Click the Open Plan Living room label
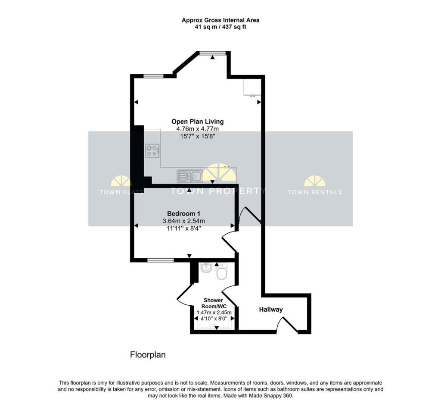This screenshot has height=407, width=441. coord(197,122)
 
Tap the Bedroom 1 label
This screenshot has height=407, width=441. coord(183,213)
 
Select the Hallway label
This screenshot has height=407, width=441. coord(271,310)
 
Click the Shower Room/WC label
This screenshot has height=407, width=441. coord(213,303)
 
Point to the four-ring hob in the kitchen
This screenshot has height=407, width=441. coord(152,151)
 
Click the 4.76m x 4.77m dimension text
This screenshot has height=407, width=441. coord(197,129)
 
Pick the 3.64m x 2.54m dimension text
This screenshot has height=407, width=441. coord(183,221)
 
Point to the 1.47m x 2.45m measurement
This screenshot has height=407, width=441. coord(214,313)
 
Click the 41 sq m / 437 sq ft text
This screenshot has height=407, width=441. coord(220,27)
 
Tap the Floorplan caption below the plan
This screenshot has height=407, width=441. coord(148,355)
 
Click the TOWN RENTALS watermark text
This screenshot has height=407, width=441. coord(315,192)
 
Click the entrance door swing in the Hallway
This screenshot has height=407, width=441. coord(286,324)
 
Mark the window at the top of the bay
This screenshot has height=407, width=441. coord(212,53)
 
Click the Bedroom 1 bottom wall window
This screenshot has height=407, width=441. coord(160,260)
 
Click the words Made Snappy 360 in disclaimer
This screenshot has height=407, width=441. coord(272,395)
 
